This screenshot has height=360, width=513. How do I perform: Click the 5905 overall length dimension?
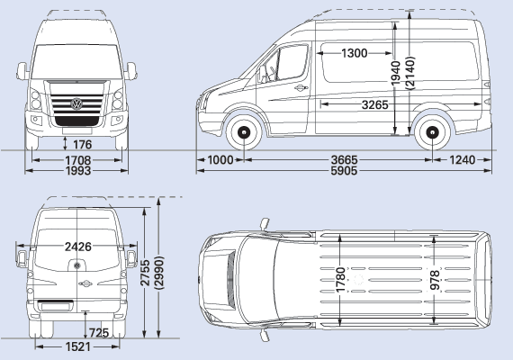tap(344, 171)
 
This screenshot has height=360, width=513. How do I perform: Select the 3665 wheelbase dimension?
tap(345, 160)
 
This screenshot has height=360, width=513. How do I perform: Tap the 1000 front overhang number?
tap(220, 160)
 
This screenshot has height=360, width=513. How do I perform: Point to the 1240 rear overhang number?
tap(462, 160)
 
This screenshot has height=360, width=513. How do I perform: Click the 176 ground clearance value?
tap(82, 144)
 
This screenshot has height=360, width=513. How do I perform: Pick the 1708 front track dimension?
tap(78, 160)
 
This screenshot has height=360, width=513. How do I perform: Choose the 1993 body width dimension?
tap(78, 171)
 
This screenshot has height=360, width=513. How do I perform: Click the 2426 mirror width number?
tap(78, 247)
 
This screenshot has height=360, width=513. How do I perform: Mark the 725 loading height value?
tap(99, 333)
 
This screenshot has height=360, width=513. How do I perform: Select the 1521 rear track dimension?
tap(78, 346)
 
